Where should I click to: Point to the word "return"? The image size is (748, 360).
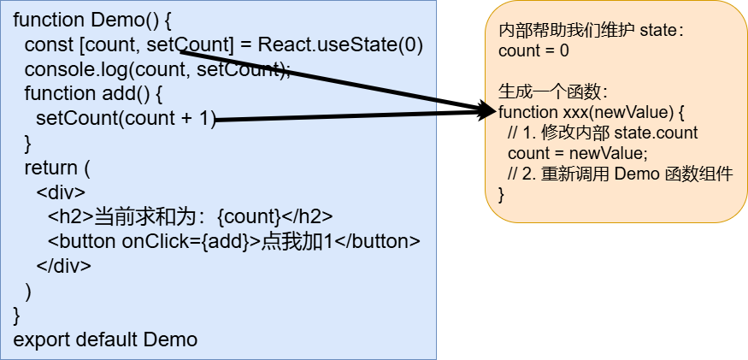(50, 167)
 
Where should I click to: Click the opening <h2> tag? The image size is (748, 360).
(65, 215)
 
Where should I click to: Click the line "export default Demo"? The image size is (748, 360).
(105, 339)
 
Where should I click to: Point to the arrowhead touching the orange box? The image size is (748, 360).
(488, 109)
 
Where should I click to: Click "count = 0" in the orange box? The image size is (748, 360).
(533, 51)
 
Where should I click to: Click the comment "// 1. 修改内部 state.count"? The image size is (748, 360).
(603, 133)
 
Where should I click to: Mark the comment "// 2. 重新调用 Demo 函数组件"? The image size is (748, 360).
(621, 174)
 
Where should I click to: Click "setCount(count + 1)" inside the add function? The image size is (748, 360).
(127, 118)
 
